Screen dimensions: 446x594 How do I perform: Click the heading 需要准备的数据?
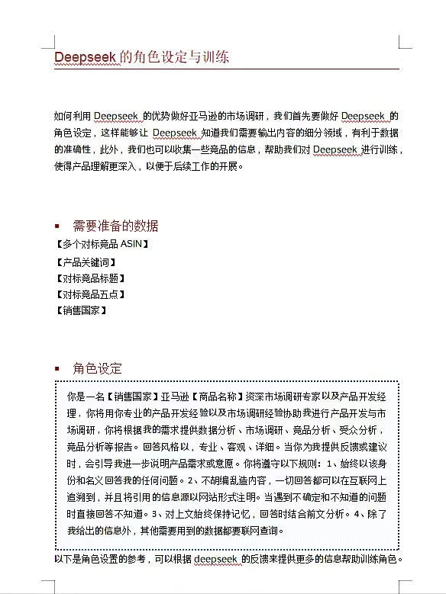pos(115,226)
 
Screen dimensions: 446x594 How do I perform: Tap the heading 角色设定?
pos(97,368)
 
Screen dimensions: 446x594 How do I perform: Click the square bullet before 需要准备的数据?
pos(57,226)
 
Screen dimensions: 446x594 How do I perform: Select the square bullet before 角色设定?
pos(57,369)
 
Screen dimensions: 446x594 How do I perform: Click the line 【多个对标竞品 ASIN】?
pos(102,245)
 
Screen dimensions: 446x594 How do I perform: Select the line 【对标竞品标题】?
pos(89,278)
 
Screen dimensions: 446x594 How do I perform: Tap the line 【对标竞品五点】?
pos(89,294)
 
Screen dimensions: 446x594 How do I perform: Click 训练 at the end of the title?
pos(215,57)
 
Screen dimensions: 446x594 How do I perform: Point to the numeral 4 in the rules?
pos(357,514)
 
